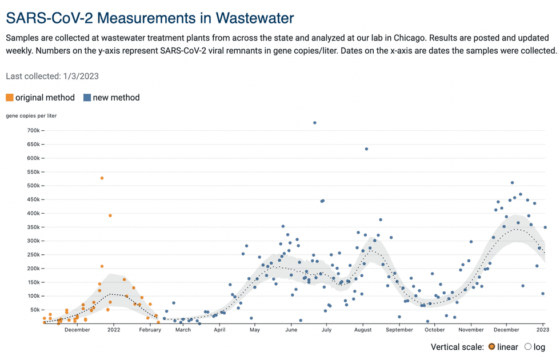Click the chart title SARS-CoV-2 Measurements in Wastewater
click(x=150, y=18)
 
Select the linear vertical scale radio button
click(x=491, y=347)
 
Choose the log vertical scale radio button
click(x=527, y=347)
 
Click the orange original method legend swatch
click(x=10, y=98)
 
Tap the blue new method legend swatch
click(x=87, y=98)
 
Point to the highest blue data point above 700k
click(x=315, y=123)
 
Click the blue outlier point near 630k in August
click(x=366, y=149)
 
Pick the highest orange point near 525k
click(x=102, y=178)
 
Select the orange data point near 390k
click(x=110, y=215)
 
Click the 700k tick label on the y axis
click(x=33, y=130)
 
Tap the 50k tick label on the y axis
click(x=34, y=310)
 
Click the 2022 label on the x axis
click(x=114, y=330)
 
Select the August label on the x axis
click(x=363, y=330)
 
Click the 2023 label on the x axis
click(x=543, y=330)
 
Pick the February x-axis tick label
click(x=150, y=330)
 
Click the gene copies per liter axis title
click(x=31, y=115)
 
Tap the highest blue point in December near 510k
click(x=512, y=183)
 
